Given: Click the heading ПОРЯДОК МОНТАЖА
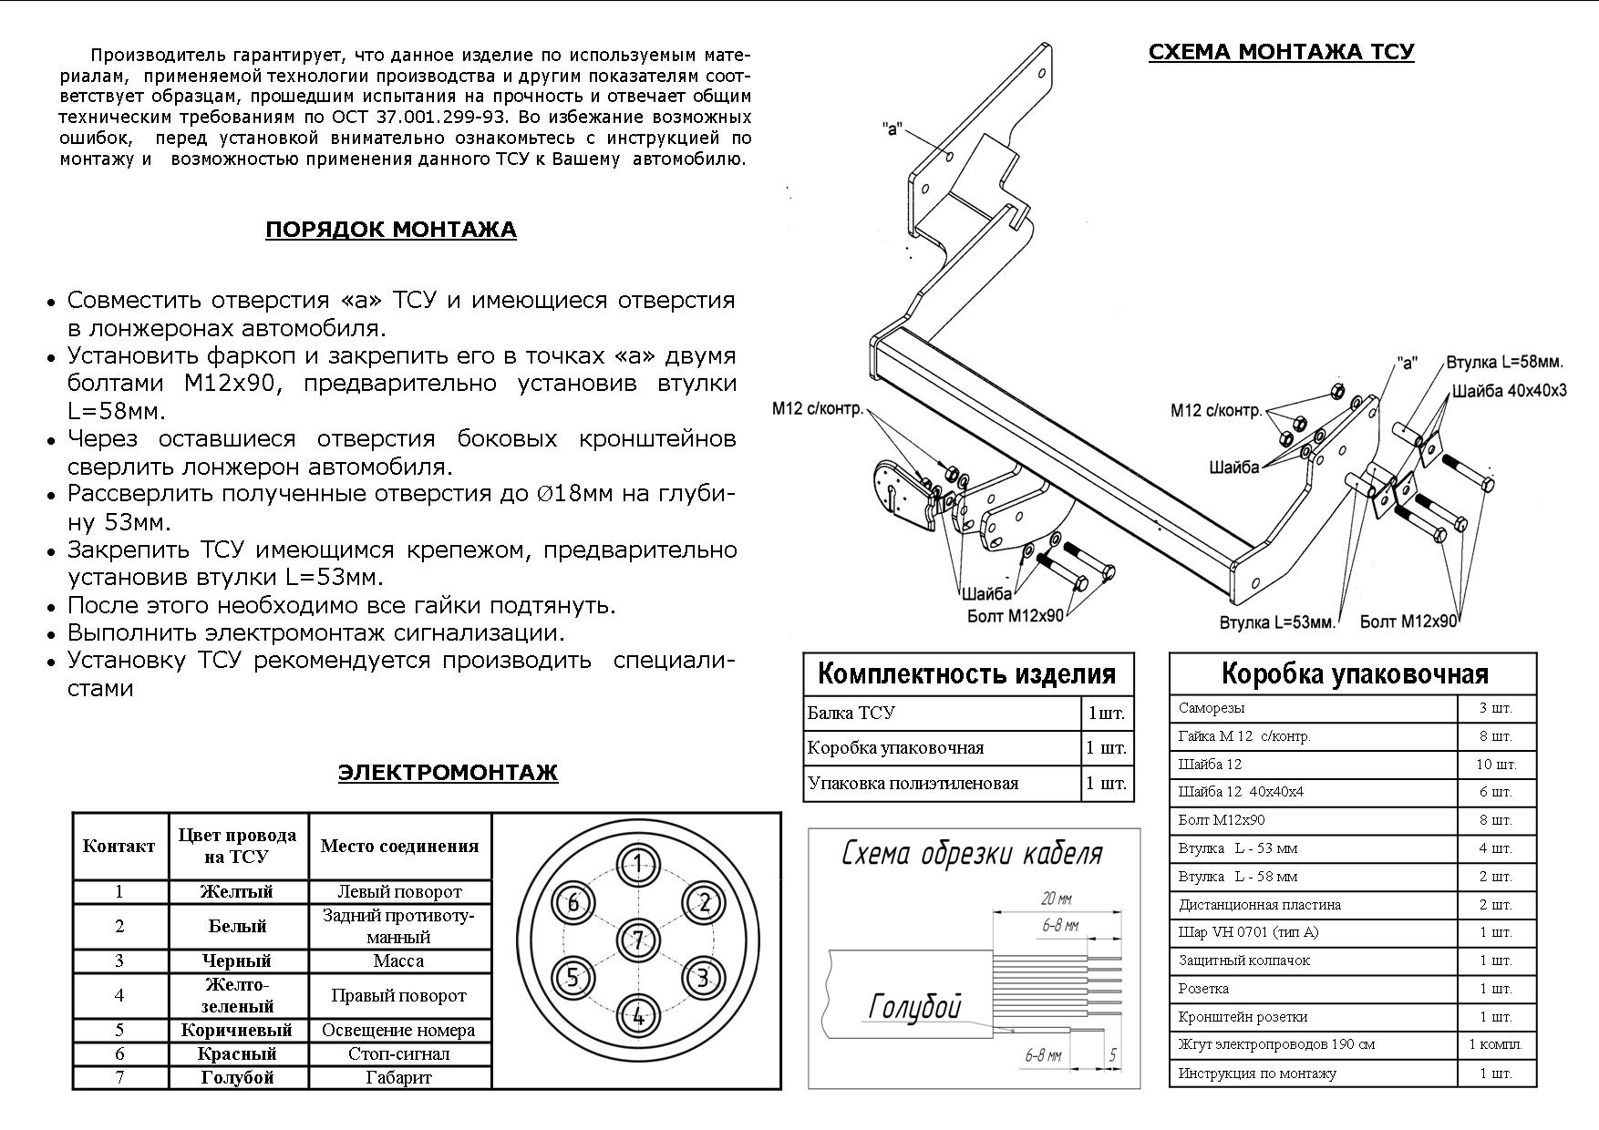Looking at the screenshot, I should pos(390,230).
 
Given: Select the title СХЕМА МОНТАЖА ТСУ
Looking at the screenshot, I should pos(1281,52).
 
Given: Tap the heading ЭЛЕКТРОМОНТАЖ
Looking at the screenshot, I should pos(448,774).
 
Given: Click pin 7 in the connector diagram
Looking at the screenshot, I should pos(638,940).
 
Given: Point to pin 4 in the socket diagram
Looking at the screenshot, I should pos(638,1015).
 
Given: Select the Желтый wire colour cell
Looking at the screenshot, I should pos(237,892).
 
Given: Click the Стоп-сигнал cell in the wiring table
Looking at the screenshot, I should pos(398,1054).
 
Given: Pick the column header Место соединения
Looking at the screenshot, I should pos(399,846).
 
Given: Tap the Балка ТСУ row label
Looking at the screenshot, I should pos(851,714).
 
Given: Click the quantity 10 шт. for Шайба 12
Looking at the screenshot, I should pos(1496,765).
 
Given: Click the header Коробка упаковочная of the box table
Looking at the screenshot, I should pos(1354,674).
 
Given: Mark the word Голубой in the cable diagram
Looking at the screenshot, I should pos(914,1006).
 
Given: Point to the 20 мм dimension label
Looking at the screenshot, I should pos(1057,899).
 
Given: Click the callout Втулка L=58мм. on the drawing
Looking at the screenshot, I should pos(1505,363).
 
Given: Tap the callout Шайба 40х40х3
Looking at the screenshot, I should pos(1510,391).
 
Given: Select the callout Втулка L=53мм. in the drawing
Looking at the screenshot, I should pos(1277,623).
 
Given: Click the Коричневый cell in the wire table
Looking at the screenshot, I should pos(237,1031).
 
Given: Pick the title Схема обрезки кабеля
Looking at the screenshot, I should pos(972,854).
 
